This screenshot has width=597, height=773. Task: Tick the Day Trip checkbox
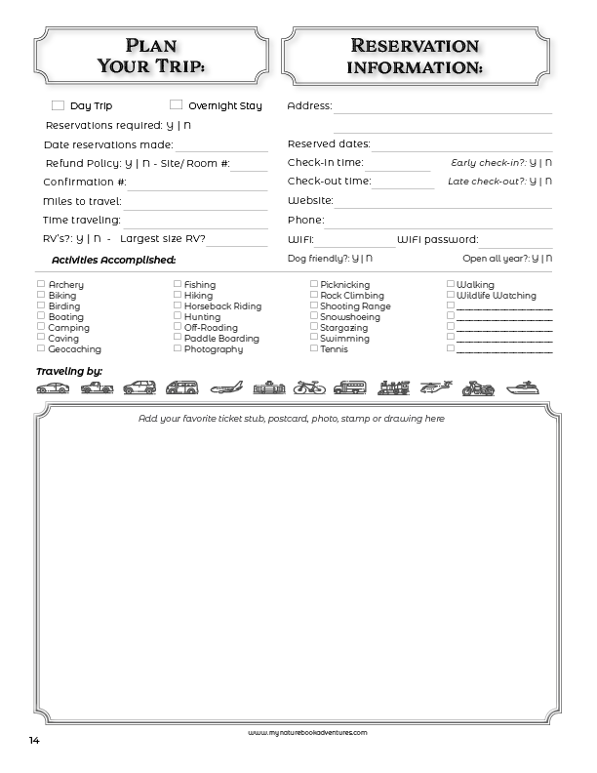(x=58, y=105)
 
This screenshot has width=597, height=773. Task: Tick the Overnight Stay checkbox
(x=177, y=104)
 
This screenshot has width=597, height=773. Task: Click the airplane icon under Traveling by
(x=226, y=387)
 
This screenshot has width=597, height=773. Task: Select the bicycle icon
(x=308, y=387)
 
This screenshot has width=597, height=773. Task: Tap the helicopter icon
(x=434, y=387)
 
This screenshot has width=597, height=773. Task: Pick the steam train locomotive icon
(x=393, y=387)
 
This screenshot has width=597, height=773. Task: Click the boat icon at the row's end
(x=521, y=387)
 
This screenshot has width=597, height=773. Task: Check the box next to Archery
(x=41, y=284)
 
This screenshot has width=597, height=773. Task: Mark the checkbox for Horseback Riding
(x=178, y=305)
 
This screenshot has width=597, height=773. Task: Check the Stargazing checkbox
(x=314, y=327)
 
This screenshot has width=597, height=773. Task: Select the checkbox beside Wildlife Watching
(x=451, y=295)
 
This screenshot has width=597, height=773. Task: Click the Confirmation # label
(x=85, y=182)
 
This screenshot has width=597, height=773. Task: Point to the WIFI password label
(x=437, y=239)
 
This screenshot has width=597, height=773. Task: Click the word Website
(x=310, y=200)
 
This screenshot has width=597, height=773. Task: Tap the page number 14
(x=34, y=740)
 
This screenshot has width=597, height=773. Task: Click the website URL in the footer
(x=307, y=730)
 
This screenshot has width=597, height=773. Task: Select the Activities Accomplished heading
(x=113, y=260)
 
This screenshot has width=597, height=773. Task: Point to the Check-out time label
(x=329, y=181)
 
